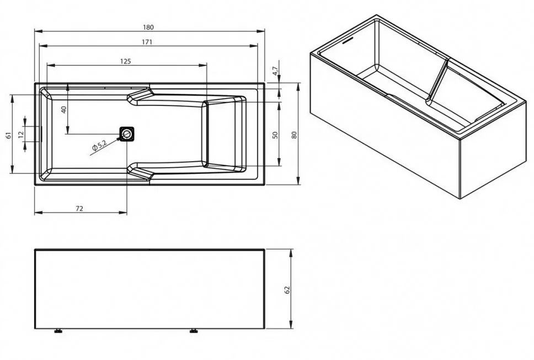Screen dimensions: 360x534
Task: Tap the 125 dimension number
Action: click(x=125, y=61)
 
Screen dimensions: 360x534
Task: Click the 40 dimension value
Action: click(x=63, y=109)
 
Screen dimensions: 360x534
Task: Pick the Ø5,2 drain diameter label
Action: click(x=100, y=146)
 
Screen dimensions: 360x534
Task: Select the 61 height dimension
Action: click(x=8, y=135)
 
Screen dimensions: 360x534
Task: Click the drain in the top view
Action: click(x=128, y=134)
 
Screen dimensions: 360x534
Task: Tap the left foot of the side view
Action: click(x=57, y=332)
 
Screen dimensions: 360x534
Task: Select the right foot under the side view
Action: click(x=194, y=332)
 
